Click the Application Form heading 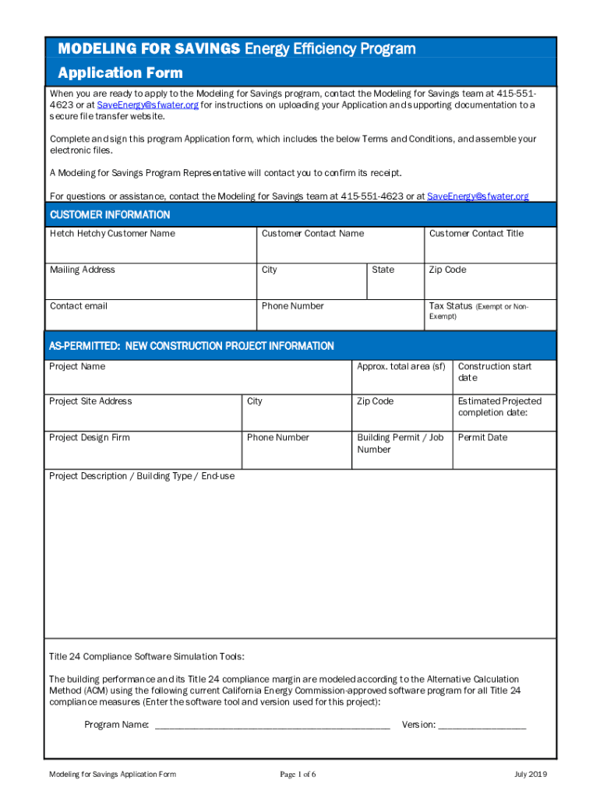coord(121,72)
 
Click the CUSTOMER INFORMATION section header coord(110,214)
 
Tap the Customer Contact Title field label coord(476,234)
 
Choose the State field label coord(383,270)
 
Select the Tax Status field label coord(451,306)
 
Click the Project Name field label coord(77,366)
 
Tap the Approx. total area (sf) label coord(401,366)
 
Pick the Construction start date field coord(504,376)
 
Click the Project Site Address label coord(90,401)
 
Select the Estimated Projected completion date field coord(504,411)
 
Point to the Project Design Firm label coord(90,437)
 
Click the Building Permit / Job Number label coord(400,443)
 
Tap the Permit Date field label coord(482,437)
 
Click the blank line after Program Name coord(272,726)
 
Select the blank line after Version coord(482,726)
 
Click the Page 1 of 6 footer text coord(298,774)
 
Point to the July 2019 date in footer coord(531,774)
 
